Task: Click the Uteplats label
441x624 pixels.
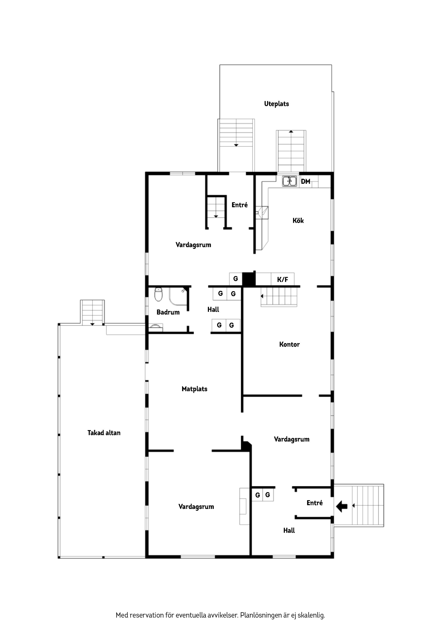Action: (276, 104)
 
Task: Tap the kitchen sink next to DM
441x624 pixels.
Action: (289, 181)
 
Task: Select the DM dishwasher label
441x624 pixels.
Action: (305, 181)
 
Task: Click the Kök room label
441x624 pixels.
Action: (298, 220)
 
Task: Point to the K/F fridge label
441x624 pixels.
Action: (282, 279)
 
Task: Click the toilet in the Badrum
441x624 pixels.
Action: (158, 294)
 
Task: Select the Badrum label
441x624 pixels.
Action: (168, 312)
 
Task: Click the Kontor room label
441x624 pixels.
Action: (289, 344)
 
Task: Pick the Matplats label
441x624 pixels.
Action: (194, 389)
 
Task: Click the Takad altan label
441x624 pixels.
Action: (104, 433)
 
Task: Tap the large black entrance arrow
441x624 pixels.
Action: (342, 506)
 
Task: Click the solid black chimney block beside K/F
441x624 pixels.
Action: (248, 279)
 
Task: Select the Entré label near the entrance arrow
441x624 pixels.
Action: (315, 503)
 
